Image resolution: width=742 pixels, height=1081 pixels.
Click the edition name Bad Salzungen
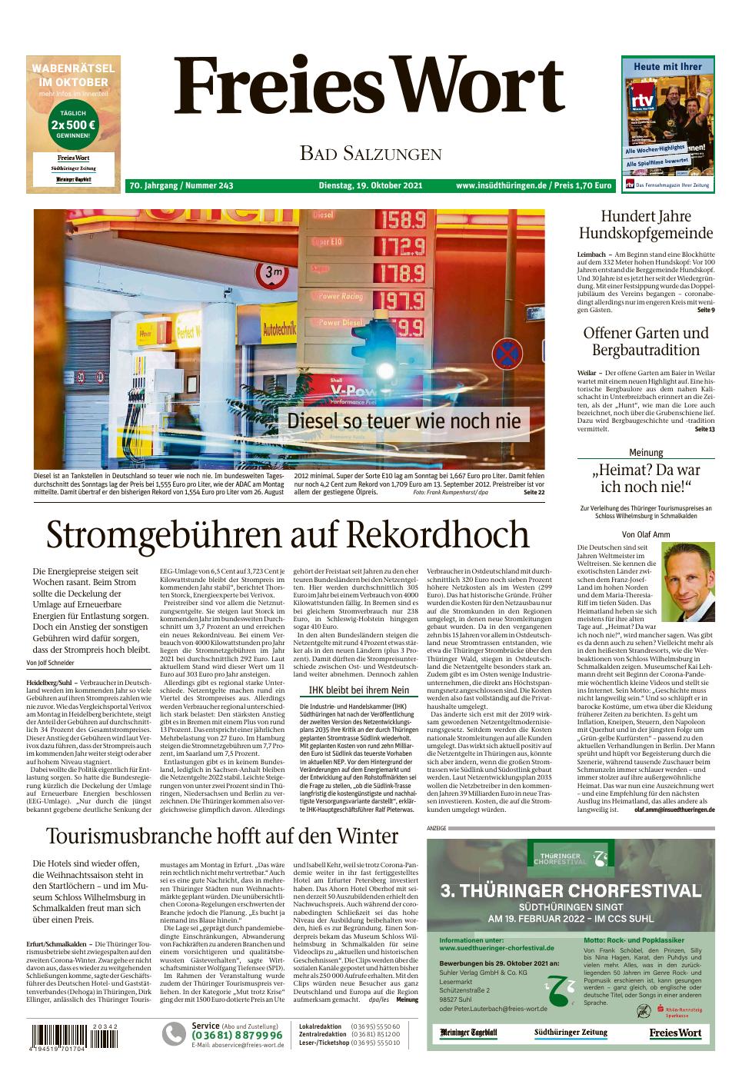371,154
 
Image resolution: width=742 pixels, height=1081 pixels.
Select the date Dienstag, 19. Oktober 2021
371,185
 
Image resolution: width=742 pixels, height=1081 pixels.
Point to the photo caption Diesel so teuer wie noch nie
404,421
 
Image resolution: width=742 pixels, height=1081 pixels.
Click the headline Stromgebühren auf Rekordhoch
288,534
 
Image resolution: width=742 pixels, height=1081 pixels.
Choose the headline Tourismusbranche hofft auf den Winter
222,835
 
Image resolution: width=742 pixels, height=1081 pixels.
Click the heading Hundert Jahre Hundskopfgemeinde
645,225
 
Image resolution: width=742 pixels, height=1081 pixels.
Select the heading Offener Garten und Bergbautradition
645,341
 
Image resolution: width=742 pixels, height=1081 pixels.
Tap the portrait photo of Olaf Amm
687,582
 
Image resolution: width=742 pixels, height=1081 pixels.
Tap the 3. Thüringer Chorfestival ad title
571,891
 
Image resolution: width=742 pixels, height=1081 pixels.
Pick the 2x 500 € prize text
72,125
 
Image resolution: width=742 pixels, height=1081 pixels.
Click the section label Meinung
645,453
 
